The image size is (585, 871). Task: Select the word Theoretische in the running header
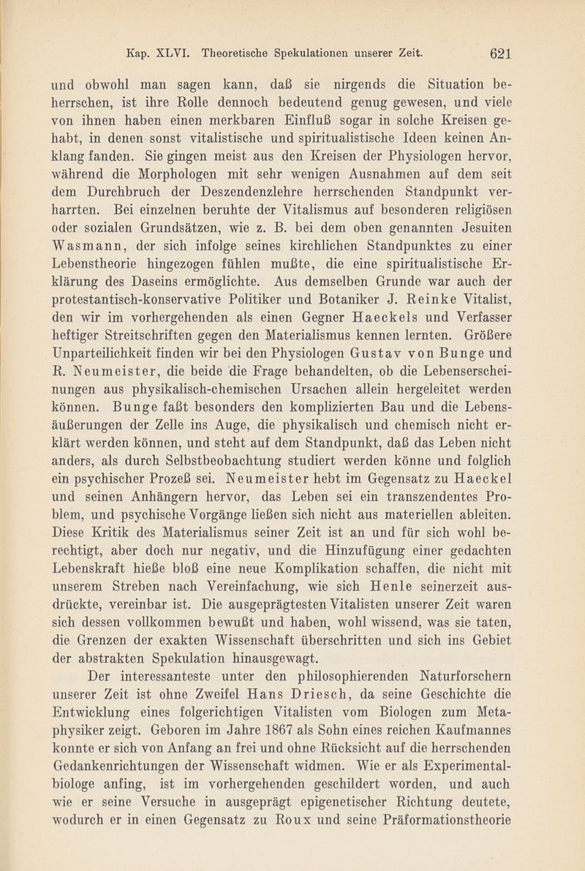(235, 53)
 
